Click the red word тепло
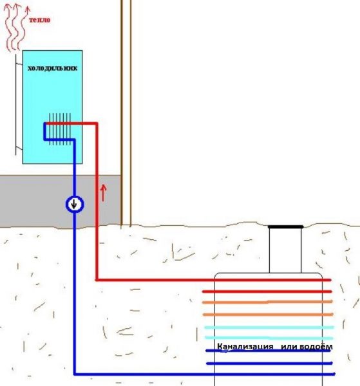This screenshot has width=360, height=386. [x=40, y=20]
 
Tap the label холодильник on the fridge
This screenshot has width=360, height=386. [x=52, y=68]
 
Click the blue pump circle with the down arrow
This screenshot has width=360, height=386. [x=75, y=205]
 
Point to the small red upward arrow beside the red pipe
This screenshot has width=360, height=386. [x=104, y=193]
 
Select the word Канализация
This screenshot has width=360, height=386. [x=245, y=347]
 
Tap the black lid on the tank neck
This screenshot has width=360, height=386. [x=285, y=226]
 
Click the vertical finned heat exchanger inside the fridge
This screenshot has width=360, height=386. [x=60, y=129]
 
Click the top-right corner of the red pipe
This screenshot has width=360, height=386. [x=97, y=124]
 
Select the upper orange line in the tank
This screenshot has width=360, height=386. [x=267, y=302]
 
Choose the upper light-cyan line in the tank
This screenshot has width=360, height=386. [x=269, y=327]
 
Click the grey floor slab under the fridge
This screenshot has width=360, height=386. [x=61, y=201]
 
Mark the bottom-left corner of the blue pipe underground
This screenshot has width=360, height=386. [x=75, y=374]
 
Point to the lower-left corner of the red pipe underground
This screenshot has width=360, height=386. [x=97, y=280]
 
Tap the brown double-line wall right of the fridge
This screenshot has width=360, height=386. [x=126, y=113]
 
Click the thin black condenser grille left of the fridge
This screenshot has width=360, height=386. [x=16, y=105]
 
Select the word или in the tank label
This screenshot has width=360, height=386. [x=288, y=347]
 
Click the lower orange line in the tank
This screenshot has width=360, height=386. [x=268, y=315]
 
